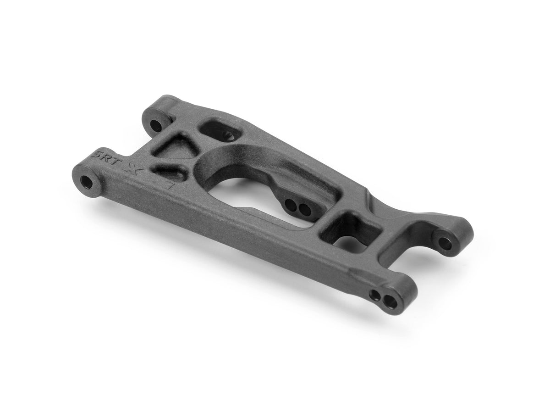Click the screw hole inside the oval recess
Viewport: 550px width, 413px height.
pyautogui.click(x=230, y=135)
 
